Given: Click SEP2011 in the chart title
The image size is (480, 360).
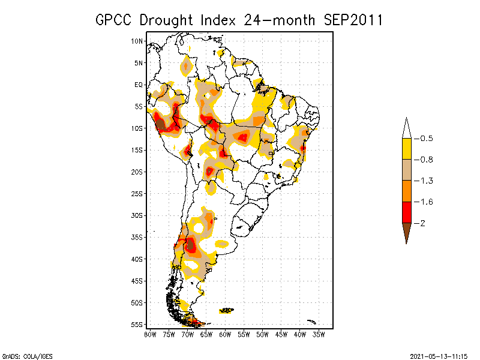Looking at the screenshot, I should click(353, 20).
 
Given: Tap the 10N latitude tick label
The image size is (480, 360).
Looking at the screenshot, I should click(137, 41).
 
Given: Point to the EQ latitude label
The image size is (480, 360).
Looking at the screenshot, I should click(139, 85).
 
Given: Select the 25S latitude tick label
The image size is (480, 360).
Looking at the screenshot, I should click(137, 193).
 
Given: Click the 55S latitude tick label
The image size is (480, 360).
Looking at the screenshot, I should click(137, 325).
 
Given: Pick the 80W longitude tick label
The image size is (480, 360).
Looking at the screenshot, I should click(150, 334).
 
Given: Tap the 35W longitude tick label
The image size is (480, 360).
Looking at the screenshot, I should click(319, 334).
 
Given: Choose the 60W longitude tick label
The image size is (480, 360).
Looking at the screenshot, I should click(225, 334).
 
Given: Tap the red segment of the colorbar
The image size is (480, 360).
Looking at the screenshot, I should click(406, 212).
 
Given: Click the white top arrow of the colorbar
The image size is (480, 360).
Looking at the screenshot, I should click(406, 128).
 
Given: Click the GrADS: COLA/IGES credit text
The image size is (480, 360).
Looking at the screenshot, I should click(22, 355).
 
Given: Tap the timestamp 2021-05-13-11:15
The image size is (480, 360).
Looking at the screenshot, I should click(439, 355).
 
